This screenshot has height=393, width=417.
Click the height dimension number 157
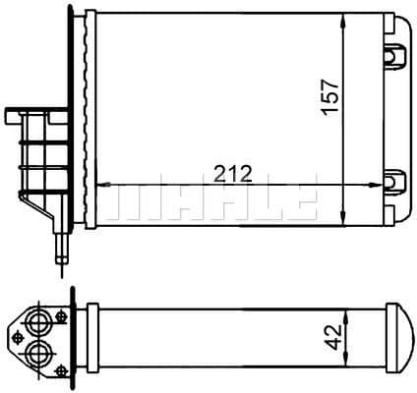[x=331, y=96]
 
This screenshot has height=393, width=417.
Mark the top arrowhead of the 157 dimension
[x=341, y=21]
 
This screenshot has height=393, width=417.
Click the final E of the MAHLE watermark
[x=300, y=200]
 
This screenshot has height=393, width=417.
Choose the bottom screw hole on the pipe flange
[x=61, y=365]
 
